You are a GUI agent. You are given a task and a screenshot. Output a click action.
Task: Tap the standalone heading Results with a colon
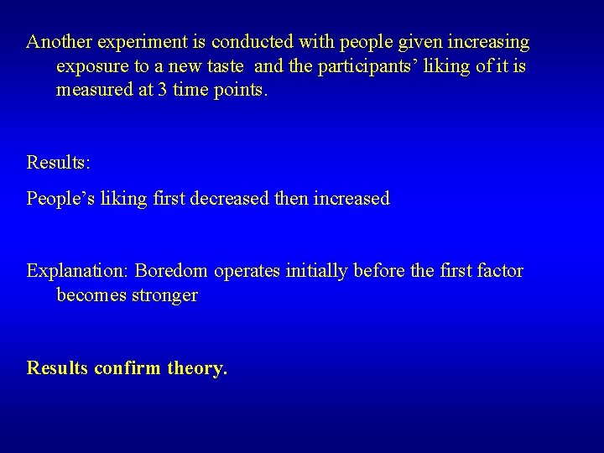(x=58, y=161)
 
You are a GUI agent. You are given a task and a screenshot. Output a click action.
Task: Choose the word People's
(x=62, y=199)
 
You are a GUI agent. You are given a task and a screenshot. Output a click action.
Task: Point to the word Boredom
(x=172, y=271)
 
